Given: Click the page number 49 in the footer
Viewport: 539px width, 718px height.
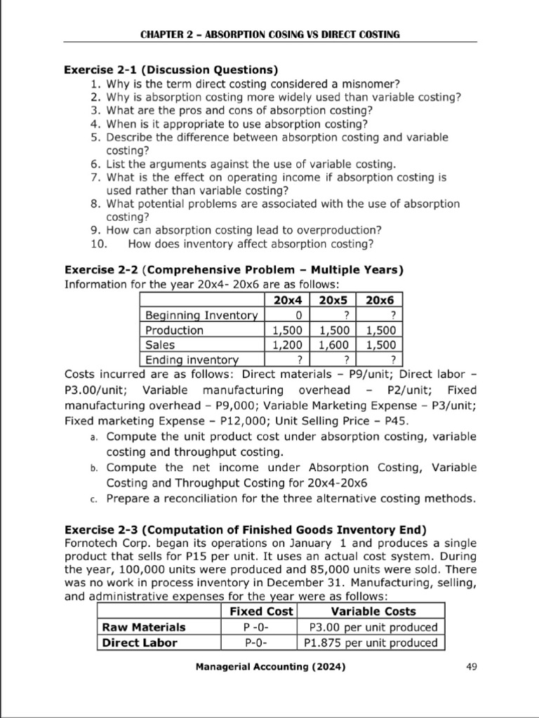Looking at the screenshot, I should pyautogui.click(x=471, y=668).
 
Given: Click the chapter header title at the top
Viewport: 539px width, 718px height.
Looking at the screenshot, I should pyautogui.click(x=270, y=34).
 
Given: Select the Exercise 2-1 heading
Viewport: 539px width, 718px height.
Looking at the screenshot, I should pyautogui.click(x=171, y=70).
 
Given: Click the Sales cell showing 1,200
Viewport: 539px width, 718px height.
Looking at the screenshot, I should pyautogui.click(x=287, y=345).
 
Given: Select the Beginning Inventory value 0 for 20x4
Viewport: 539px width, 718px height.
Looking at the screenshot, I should pyautogui.click(x=287, y=316).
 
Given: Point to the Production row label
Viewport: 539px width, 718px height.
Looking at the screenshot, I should pyautogui.click(x=174, y=330).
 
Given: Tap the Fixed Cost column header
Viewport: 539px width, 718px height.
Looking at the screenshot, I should pyautogui.click(x=261, y=611).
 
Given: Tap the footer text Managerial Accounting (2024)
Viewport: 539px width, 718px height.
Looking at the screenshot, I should pyautogui.click(x=270, y=668).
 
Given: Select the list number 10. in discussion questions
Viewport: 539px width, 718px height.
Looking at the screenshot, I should pyautogui.click(x=98, y=243).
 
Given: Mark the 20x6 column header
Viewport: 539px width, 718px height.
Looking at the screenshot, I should pyautogui.click(x=380, y=299).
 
